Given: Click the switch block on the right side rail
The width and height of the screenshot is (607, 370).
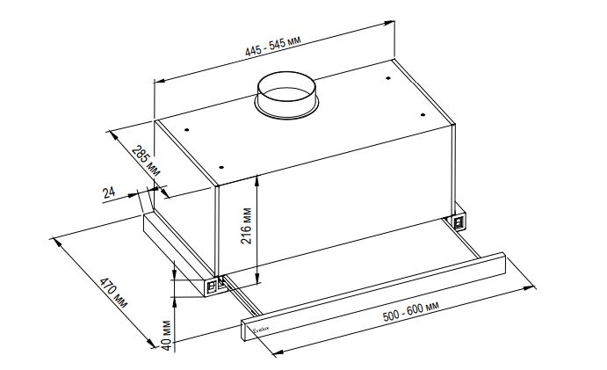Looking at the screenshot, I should (x=459, y=222).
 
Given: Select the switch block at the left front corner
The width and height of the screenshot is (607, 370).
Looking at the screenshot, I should (x=213, y=286).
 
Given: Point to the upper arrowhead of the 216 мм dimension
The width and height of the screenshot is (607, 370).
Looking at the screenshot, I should (x=257, y=178).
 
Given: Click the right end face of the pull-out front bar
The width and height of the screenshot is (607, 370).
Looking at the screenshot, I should (x=504, y=261).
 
